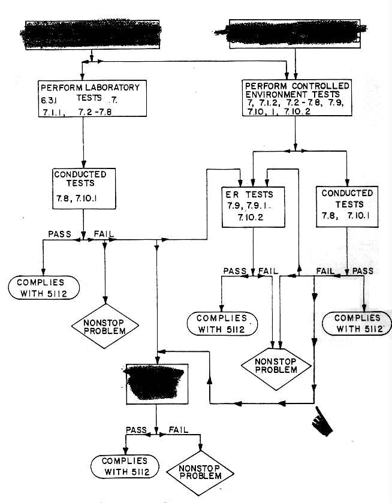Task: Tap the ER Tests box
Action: click(252, 206)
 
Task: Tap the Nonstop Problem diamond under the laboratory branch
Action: click(105, 326)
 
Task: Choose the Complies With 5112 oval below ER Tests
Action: click(222, 323)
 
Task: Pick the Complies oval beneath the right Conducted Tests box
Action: click(357, 323)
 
